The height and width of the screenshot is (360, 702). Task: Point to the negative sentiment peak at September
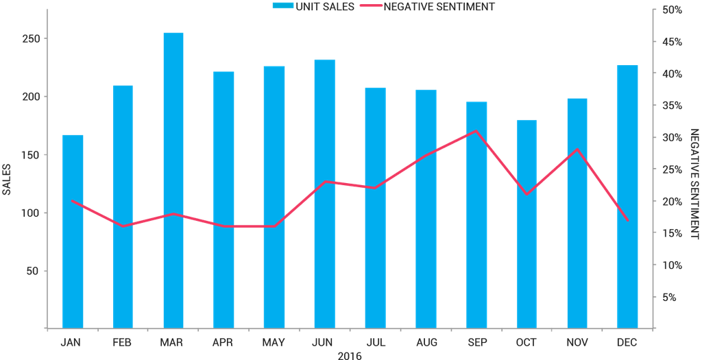click(476, 131)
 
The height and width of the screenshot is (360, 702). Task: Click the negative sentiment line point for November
click(578, 149)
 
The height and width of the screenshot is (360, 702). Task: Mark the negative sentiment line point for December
click(627, 220)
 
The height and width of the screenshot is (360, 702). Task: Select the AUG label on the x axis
click(426, 342)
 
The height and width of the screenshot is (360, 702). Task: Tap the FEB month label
click(123, 342)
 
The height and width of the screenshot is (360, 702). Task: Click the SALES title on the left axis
click(7, 180)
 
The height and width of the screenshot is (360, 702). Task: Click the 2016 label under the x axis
click(350, 355)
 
